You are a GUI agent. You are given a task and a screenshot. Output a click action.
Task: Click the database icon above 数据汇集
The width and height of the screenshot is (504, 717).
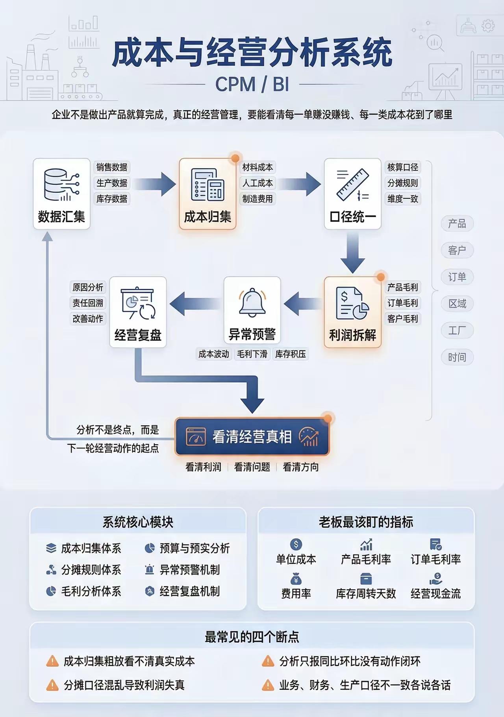pyautogui.click(x=61, y=185)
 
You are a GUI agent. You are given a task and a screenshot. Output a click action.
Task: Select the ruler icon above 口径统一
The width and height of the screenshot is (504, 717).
pyautogui.click(x=352, y=185)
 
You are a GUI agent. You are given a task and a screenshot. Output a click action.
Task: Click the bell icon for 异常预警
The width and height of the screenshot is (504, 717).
pyautogui.click(x=252, y=302)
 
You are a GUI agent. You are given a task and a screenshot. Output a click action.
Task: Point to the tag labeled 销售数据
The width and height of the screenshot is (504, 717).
pyautogui.click(x=112, y=167)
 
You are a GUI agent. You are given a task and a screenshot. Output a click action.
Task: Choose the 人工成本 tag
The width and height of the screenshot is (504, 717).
pyautogui.click(x=258, y=183)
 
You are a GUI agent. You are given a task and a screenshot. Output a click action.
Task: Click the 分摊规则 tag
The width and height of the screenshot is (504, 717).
pyautogui.click(x=402, y=183)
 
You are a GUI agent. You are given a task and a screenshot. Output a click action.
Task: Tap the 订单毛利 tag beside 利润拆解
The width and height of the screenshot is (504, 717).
pyautogui.click(x=402, y=303)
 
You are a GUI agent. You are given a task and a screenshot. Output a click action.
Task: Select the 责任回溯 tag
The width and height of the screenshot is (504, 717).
pyautogui.click(x=88, y=303)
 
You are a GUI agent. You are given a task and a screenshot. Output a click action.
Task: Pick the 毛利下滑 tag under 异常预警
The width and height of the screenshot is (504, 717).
pyautogui.click(x=252, y=354)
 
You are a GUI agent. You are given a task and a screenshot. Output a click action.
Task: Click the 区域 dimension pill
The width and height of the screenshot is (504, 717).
pyautogui.click(x=457, y=304)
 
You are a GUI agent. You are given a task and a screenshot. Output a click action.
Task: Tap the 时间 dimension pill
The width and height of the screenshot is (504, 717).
pyautogui.click(x=457, y=357)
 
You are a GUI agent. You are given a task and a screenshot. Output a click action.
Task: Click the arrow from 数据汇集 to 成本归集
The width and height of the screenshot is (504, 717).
pyautogui.click(x=154, y=184)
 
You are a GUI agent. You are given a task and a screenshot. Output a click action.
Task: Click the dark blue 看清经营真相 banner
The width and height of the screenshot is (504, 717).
pyautogui.click(x=252, y=437)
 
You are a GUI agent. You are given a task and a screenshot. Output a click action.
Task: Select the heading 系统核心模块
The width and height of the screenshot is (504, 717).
pyautogui.click(x=138, y=522)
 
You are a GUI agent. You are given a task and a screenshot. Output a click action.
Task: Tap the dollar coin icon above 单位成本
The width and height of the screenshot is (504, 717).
pyautogui.click(x=296, y=544)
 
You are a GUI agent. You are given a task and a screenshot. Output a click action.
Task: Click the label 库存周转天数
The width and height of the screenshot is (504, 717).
pyautogui.click(x=366, y=593)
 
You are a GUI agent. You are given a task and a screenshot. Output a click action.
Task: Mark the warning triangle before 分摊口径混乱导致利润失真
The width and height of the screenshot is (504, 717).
pyautogui.click(x=52, y=685)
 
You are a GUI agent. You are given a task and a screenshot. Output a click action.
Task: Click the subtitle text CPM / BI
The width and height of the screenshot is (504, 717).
pyautogui.click(x=252, y=84)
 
